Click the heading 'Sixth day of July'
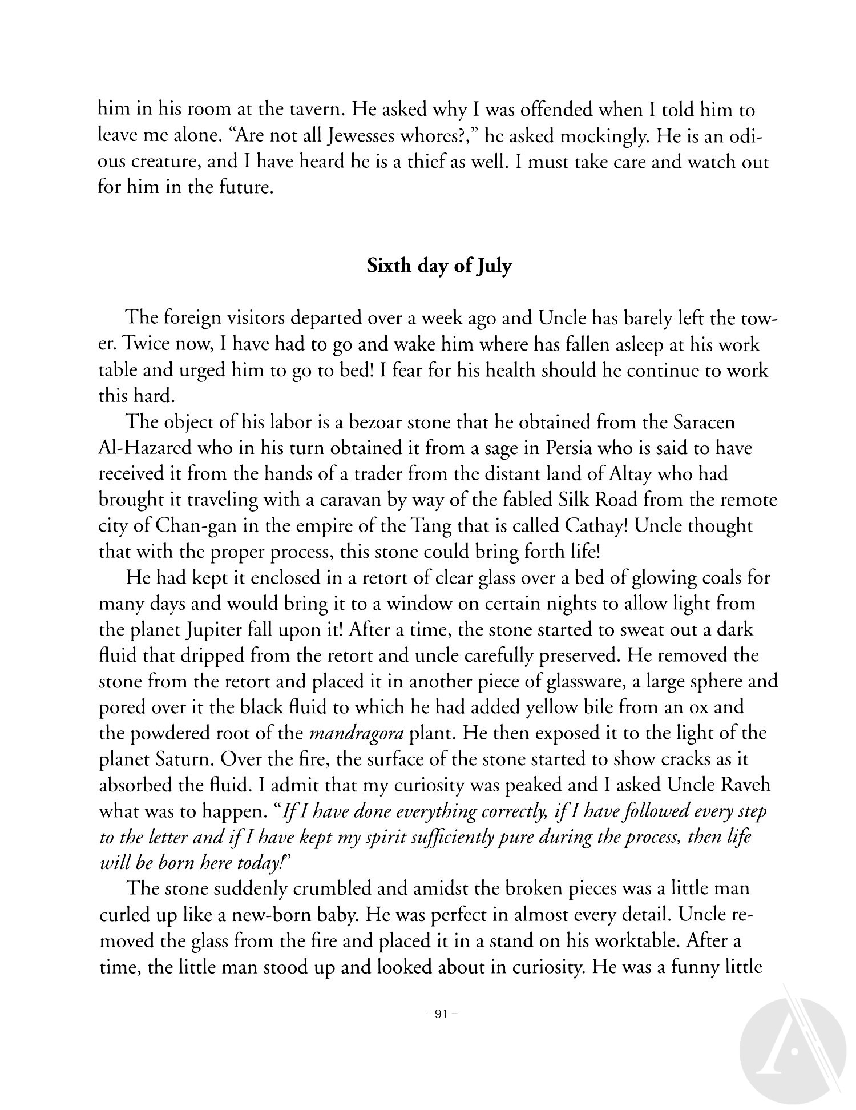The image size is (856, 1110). [439, 266]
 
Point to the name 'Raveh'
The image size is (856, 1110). [745, 785]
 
